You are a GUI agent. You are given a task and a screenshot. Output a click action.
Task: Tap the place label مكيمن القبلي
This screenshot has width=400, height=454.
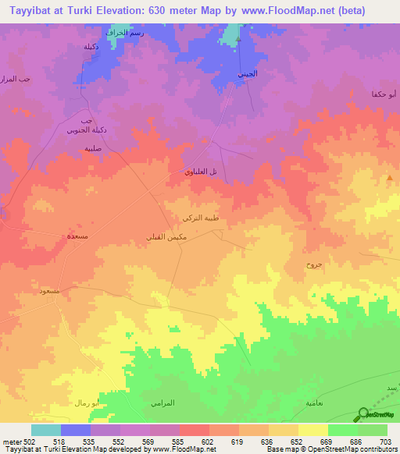click(166, 236)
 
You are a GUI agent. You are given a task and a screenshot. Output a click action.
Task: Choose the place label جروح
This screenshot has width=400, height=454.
click(313, 265)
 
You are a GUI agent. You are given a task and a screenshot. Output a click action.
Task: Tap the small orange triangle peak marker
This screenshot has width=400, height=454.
click(390, 178)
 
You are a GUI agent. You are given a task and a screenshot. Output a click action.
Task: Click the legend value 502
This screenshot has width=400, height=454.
click(21, 442)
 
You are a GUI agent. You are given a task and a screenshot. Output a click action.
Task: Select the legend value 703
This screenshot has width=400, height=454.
click(387, 442)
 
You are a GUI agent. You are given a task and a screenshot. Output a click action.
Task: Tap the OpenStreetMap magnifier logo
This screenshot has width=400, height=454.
click(362, 415)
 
